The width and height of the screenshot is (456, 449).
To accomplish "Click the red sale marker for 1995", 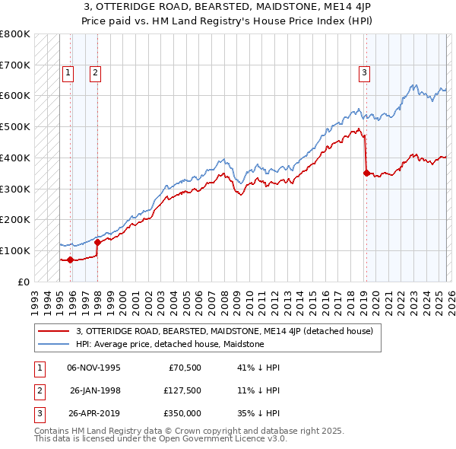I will [x=70, y=260].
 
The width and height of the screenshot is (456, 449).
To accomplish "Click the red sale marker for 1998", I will [x=97, y=242].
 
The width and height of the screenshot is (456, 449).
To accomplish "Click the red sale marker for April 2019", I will [x=366, y=173].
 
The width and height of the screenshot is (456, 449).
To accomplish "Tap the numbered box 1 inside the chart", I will [x=68, y=73].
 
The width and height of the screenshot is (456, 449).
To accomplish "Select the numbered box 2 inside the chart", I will [x=95, y=73].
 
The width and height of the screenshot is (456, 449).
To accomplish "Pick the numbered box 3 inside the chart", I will [x=364, y=73].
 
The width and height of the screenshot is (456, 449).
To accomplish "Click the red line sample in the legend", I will [x=54, y=332].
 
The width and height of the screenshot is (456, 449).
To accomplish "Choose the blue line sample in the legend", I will [x=54, y=344].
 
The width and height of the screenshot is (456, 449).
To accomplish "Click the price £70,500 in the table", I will [x=183, y=368].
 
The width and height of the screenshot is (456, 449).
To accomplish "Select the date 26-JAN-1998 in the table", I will [x=95, y=390].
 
